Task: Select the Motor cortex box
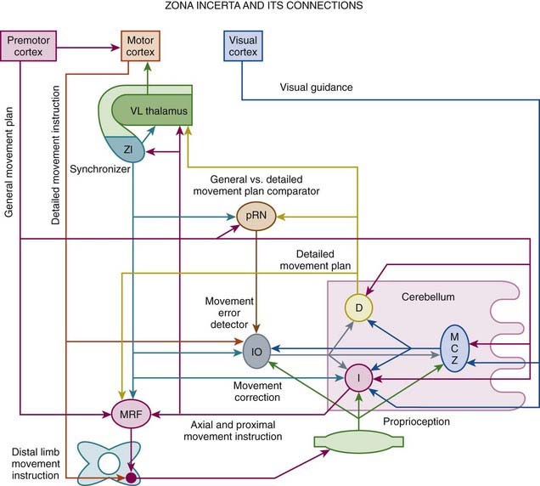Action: tap(140, 46)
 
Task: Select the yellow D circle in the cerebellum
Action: tap(358, 307)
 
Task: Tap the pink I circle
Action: tap(358, 376)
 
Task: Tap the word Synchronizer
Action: tap(99, 169)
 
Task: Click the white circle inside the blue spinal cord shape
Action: tap(109, 462)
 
